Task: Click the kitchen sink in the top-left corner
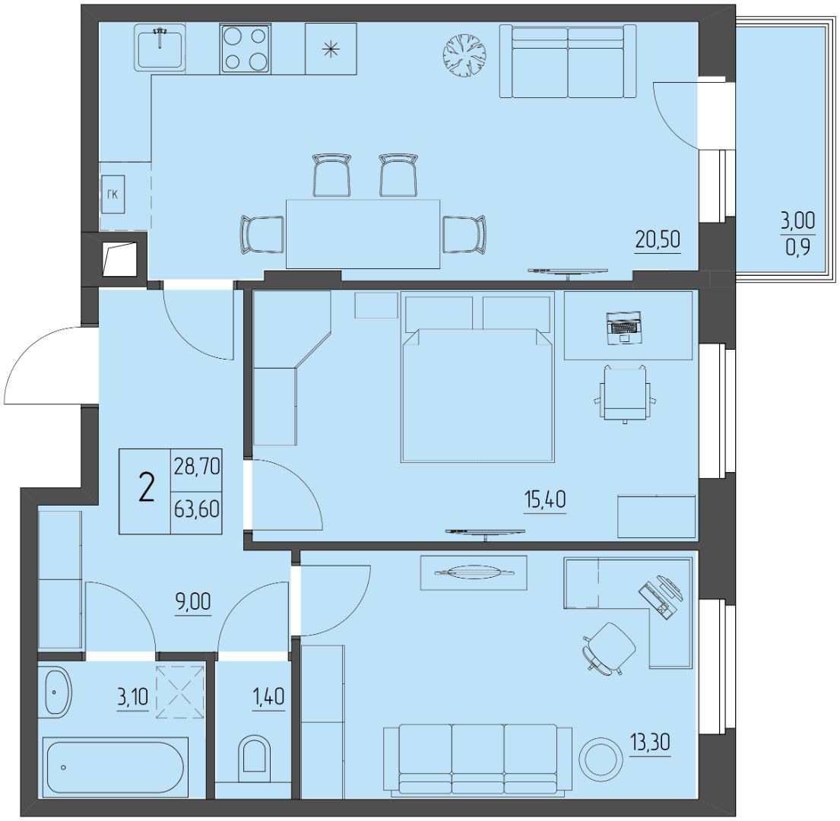pos(160,47)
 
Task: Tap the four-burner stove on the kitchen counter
pos(245,49)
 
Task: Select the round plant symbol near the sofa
pos(465,55)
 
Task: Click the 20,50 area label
pos(658,239)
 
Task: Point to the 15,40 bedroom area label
pos(544,499)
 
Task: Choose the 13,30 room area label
pos(650,743)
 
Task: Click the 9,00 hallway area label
pos(193,601)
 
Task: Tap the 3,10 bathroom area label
pos(132,697)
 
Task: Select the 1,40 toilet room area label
pos(268,697)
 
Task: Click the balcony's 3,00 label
pos(797,220)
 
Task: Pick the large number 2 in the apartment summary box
pos(146,490)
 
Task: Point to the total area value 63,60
pos(197,509)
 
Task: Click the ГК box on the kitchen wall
pos(113,194)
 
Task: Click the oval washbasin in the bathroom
pos(57,691)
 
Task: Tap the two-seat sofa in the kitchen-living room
pos(568,62)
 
